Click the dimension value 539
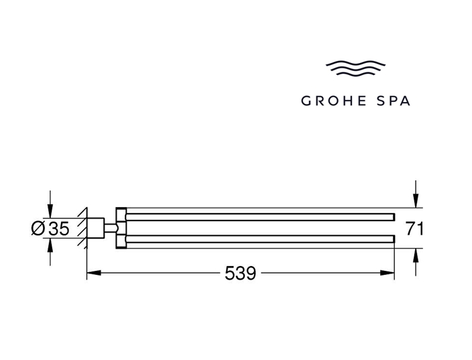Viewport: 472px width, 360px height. [x=240, y=274]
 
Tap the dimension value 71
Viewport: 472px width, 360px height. [x=414, y=229]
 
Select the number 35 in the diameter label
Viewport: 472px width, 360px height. [x=59, y=228]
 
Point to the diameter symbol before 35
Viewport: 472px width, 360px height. [x=38, y=228]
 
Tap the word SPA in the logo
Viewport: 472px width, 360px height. [x=394, y=101]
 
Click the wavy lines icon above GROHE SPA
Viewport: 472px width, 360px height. [x=355, y=68]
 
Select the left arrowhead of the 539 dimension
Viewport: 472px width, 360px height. [x=94, y=273]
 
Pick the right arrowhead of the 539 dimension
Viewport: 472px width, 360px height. [x=388, y=273]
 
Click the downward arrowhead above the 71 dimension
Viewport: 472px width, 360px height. [x=416, y=201]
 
